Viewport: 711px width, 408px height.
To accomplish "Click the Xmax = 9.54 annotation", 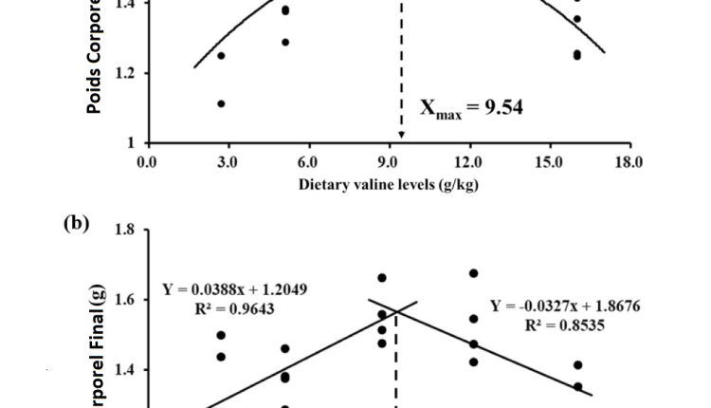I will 471,108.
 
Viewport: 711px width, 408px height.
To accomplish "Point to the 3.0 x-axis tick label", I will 228,162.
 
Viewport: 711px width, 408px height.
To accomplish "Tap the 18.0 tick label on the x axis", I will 629,162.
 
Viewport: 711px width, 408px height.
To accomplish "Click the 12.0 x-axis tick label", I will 469,162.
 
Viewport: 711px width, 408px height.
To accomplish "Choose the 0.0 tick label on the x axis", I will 146,162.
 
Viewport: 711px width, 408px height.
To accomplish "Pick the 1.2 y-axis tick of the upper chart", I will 124,73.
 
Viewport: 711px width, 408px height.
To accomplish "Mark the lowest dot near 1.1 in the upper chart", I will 221,103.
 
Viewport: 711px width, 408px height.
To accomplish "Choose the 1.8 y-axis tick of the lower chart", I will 124,230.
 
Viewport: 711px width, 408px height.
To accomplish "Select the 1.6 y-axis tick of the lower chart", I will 124,300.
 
